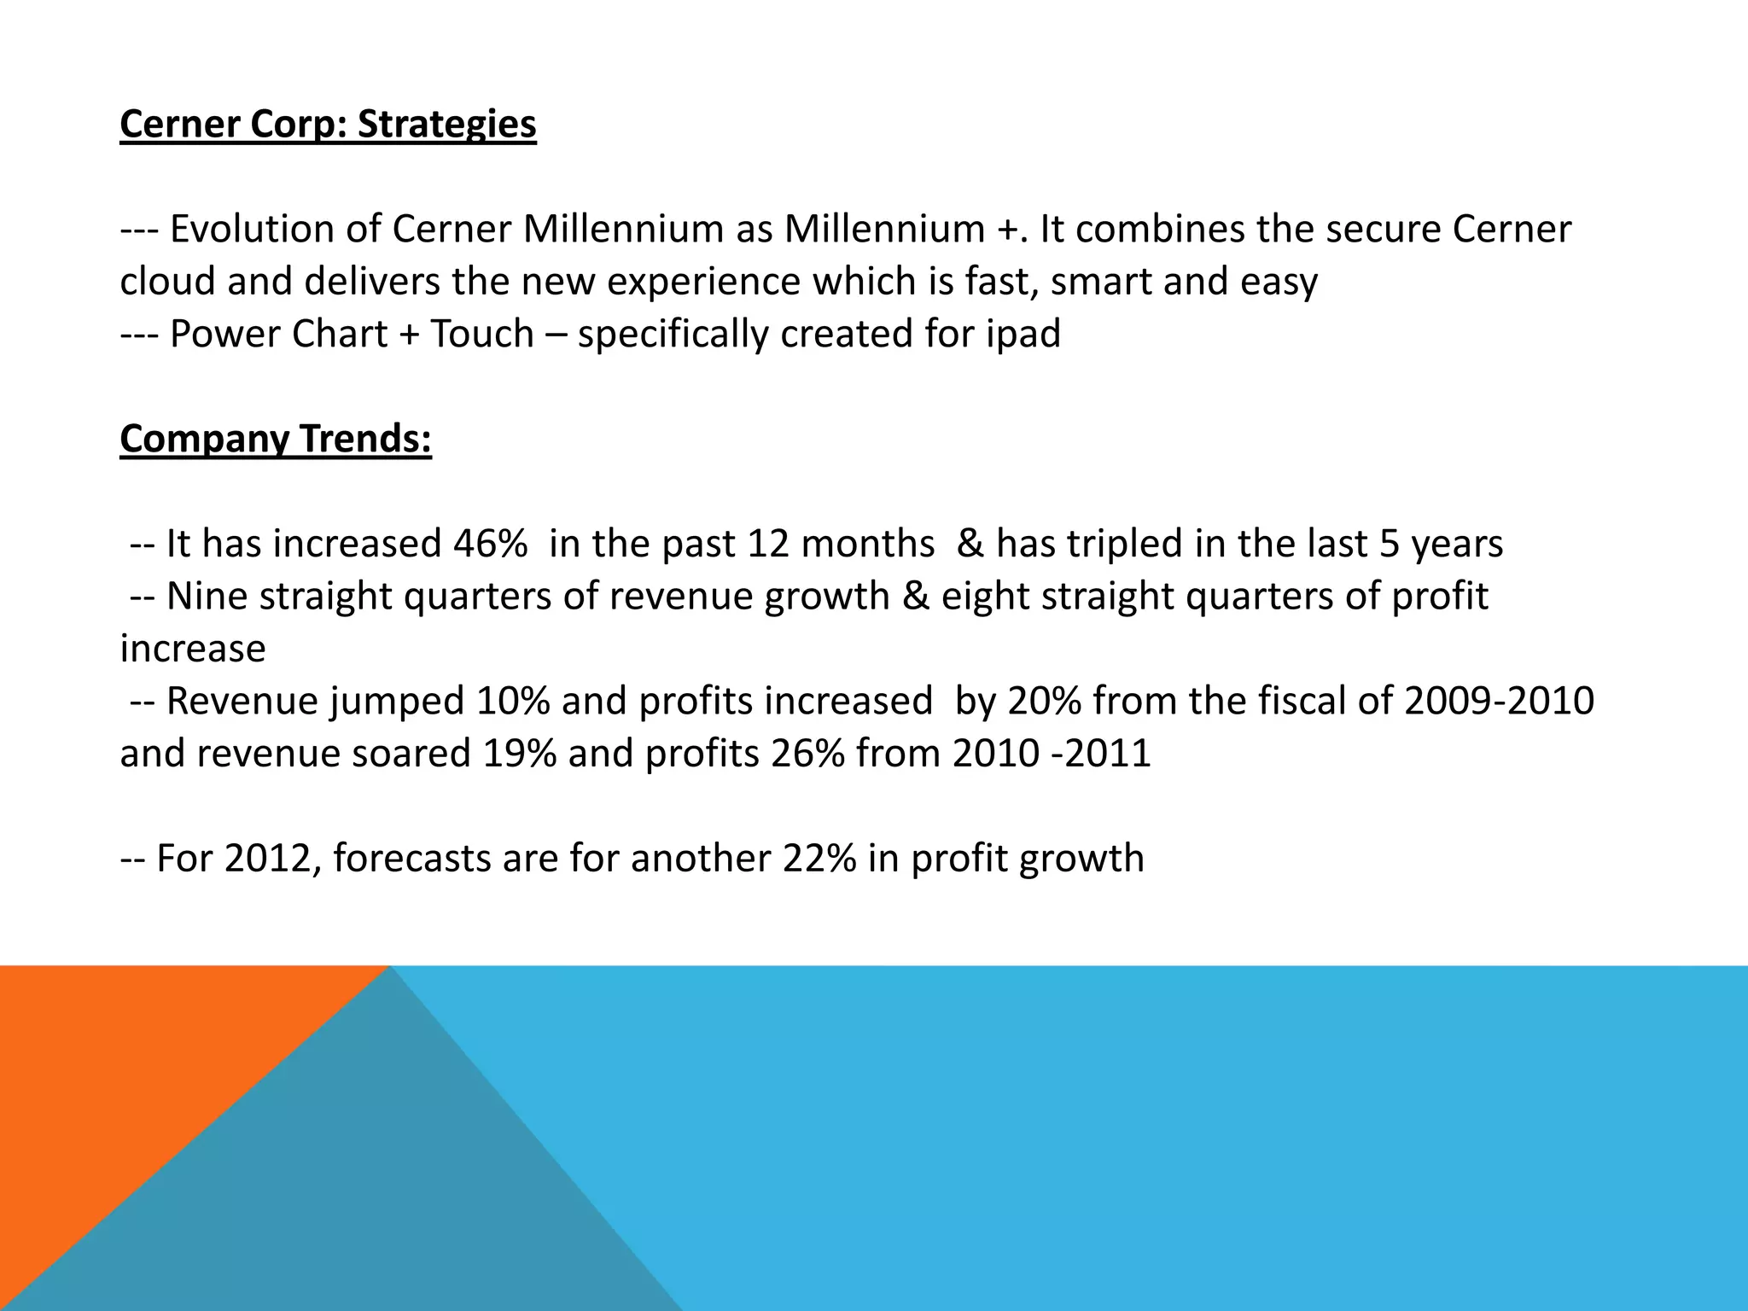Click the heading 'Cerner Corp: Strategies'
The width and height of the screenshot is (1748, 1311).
328,125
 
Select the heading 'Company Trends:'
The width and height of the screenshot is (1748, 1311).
276,440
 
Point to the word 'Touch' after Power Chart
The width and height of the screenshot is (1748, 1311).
482,335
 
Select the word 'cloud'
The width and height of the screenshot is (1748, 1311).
167,282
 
